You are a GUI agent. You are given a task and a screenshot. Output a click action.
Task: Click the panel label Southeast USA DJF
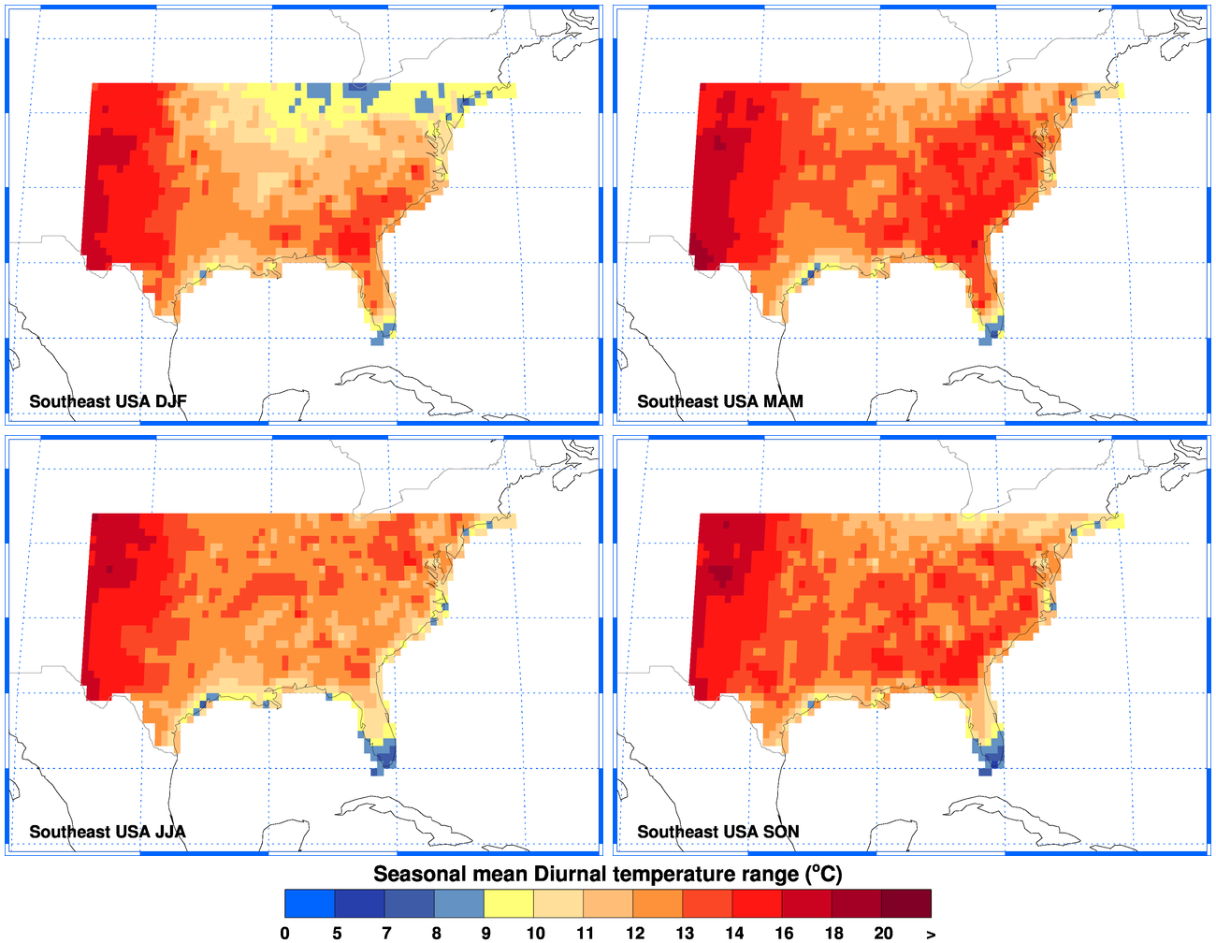click(108, 401)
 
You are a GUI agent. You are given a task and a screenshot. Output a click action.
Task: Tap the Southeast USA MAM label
click(719, 401)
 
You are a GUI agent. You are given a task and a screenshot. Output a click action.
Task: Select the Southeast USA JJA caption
click(107, 832)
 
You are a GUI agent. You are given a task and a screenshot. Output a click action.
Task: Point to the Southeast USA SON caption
click(717, 832)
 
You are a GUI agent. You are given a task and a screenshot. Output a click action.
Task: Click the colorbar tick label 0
click(284, 933)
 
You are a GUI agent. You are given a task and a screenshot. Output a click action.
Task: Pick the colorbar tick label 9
click(485, 933)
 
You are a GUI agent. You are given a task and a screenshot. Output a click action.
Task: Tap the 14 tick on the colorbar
click(734, 933)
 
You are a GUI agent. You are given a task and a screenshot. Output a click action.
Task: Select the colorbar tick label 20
click(883, 933)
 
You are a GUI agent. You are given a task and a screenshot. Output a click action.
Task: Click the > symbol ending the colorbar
click(931, 934)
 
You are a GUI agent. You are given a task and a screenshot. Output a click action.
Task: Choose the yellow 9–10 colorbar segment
click(509, 904)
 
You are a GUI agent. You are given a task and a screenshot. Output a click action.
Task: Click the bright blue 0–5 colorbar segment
click(310, 904)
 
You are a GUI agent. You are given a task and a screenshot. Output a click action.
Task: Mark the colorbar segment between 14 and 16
click(758, 904)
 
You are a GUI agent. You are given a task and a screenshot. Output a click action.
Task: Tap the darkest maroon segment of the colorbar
click(907, 904)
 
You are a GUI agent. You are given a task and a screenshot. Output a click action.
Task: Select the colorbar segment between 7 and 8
click(410, 904)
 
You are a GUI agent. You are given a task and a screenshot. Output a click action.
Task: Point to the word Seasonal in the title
click(418, 874)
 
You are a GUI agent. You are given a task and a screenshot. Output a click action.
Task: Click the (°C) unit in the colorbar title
click(823, 874)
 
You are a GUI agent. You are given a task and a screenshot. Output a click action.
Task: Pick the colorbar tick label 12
click(635, 933)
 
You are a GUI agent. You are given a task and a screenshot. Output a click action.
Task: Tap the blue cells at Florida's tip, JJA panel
click(383, 754)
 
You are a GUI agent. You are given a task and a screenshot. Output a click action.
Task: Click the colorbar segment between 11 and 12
click(608, 904)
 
